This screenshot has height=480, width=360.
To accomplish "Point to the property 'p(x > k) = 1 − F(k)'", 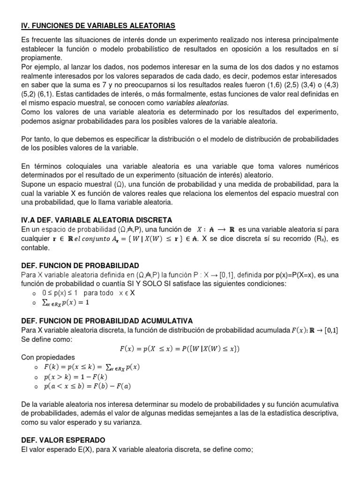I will pos(75,376).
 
